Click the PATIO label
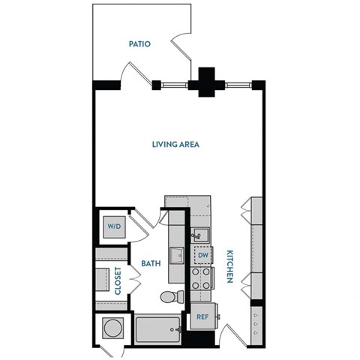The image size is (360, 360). click(139, 44)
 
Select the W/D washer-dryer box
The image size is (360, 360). click(114, 226)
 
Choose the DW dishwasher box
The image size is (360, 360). click(202, 255)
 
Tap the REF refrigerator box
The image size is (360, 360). click(202, 316)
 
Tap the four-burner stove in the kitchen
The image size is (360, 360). click(202, 280)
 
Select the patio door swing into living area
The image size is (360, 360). click(135, 75)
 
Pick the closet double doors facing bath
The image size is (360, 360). click(136, 280)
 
